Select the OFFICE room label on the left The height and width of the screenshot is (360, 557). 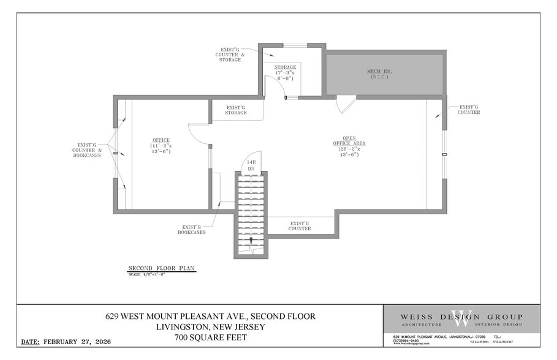click(161, 146)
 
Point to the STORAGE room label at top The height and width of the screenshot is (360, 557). click(285, 72)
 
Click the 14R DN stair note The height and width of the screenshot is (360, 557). click(251, 165)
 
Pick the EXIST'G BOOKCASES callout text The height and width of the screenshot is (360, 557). click(192, 229)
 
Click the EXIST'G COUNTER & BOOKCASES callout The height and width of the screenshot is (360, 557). click(83, 150)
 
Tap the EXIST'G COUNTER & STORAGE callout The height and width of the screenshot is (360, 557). click(230, 54)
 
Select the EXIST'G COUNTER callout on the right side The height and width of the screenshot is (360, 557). click(469, 110)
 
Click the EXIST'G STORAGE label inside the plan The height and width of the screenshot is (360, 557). click(236, 110)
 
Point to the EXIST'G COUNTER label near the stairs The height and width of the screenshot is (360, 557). click(300, 226)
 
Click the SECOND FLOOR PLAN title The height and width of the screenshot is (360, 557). click(161, 268)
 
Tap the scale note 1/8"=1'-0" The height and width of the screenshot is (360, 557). click(147, 274)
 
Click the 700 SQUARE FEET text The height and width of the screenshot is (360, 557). click(210, 337)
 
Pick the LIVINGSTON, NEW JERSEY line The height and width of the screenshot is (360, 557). click(210, 327)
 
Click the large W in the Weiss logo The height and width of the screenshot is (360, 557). click(461, 319)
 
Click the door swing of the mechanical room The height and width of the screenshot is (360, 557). click(345, 105)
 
